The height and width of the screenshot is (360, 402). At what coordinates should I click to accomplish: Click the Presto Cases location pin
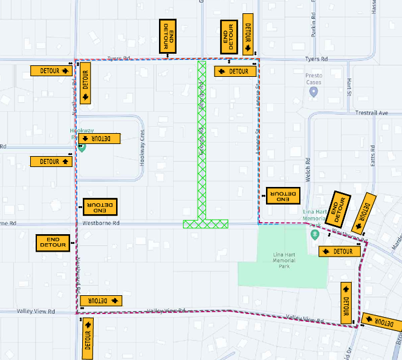[313, 91]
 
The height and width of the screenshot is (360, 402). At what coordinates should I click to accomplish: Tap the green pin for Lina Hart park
[314, 234]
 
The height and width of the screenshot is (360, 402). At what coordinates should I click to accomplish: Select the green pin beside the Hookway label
[82, 146]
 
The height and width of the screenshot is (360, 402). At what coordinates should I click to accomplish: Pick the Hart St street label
[349, 87]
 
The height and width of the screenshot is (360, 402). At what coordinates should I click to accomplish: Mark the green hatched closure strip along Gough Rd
[202, 139]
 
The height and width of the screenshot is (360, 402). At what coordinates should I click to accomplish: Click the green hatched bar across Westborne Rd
[206, 224]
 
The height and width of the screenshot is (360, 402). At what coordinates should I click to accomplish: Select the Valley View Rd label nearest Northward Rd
[36, 312]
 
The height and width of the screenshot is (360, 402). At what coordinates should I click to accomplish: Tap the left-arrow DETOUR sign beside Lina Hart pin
[335, 251]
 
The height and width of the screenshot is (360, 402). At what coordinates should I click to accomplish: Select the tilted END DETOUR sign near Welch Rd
[340, 209]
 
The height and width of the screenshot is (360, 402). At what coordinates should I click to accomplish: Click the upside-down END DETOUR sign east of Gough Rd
[283, 195]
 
